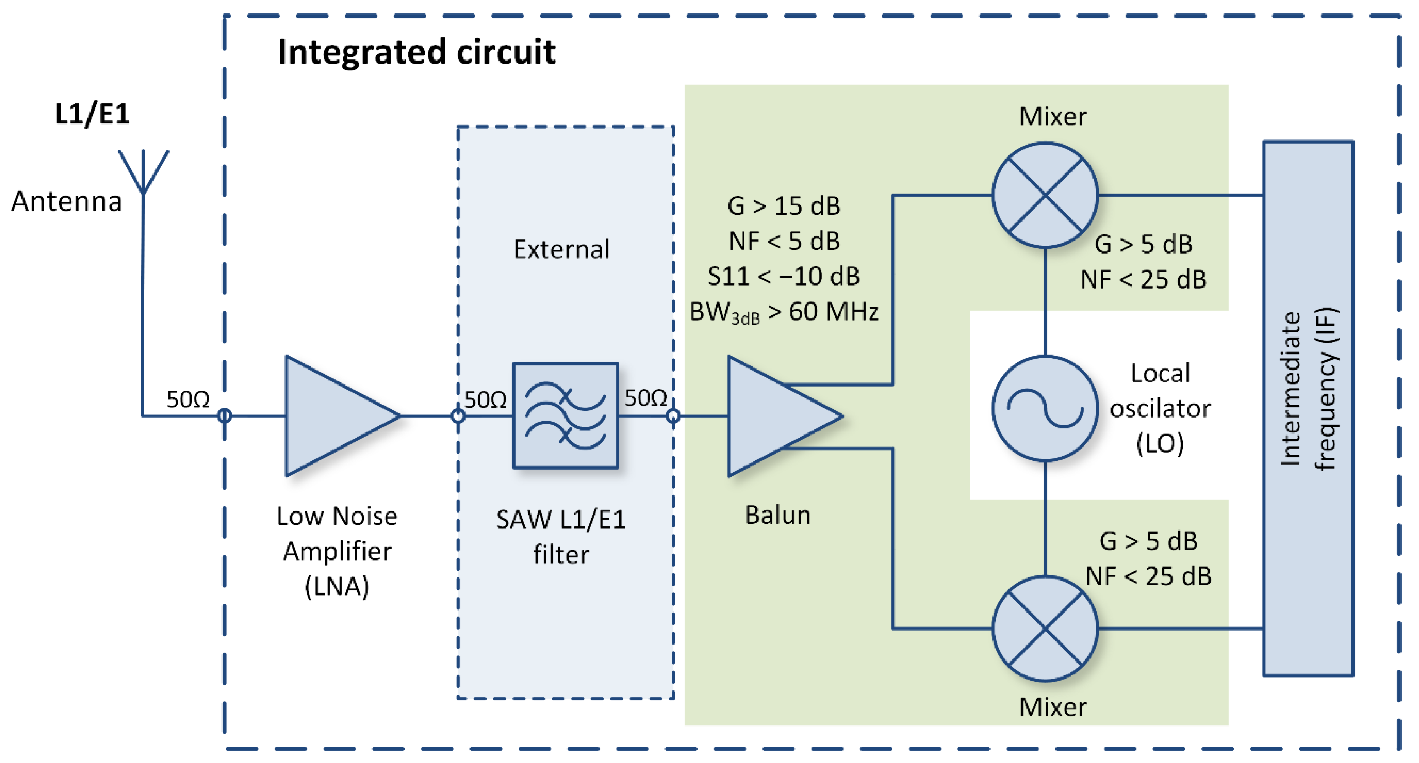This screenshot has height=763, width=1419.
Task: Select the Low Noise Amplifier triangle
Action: pyautogui.click(x=336, y=416)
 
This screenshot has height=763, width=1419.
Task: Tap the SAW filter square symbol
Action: pyautogui.click(x=565, y=416)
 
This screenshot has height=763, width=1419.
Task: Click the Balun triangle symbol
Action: pyautogui.click(x=777, y=416)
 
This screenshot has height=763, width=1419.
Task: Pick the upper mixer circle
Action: pyautogui.click(x=1045, y=195)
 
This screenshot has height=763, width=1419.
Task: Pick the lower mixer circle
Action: pyautogui.click(x=1045, y=629)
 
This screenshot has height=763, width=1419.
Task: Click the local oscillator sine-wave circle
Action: pyautogui.click(x=1045, y=408)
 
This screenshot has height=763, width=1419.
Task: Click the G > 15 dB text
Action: pyautogui.click(x=784, y=206)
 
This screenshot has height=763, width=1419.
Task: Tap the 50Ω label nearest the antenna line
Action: pyautogui.click(x=188, y=399)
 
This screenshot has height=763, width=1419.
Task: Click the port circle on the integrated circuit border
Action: pyautogui.click(x=224, y=416)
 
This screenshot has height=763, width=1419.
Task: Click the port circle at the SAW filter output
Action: pyautogui.click(x=673, y=416)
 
